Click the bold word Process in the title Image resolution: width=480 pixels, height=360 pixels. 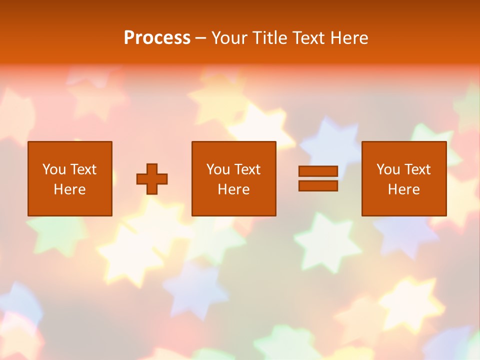[157, 38]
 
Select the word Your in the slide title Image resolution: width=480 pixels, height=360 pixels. [229, 38]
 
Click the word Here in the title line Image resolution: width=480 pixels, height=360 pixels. [350, 38]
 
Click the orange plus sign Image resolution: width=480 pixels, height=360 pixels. [152, 179]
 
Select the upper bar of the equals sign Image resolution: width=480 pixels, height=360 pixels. [318, 171]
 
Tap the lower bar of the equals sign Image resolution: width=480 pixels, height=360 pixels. [318, 186]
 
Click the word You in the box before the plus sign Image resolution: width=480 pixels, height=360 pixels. [53, 169]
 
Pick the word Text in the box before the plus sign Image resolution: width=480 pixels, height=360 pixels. [82, 169]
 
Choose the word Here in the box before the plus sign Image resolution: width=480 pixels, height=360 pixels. [69, 189]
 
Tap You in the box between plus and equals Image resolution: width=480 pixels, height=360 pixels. [217, 169]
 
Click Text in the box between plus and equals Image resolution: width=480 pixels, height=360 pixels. [247, 169]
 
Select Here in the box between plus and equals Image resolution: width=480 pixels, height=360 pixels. [233, 189]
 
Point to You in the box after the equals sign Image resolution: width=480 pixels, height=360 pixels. [388, 169]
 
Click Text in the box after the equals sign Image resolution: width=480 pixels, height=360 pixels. [417, 169]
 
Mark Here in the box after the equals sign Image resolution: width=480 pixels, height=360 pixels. [403, 189]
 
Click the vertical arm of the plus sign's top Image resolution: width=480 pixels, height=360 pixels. [152, 168]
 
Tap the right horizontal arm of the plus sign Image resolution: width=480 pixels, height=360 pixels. [162, 179]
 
